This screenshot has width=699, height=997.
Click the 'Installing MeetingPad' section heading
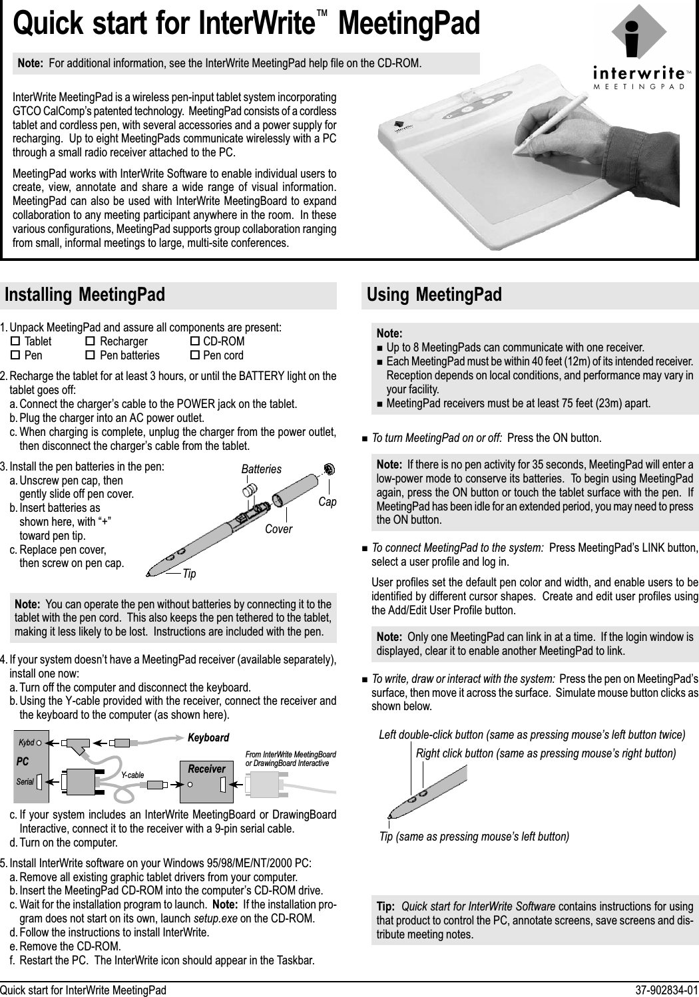coord(85,295)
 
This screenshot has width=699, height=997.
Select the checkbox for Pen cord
coord(195,355)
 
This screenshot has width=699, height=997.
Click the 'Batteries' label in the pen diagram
coord(261,469)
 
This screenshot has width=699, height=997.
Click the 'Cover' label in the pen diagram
coord(279,530)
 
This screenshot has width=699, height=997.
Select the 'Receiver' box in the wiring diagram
coord(207,769)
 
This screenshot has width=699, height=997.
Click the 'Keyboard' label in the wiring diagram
coord(208,738)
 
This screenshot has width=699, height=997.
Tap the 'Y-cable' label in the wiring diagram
coord(133,775)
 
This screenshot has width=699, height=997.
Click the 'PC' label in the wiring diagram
coord(23,759)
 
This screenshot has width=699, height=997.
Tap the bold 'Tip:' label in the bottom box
coord(386,907)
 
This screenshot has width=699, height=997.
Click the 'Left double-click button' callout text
coord(531,735)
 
